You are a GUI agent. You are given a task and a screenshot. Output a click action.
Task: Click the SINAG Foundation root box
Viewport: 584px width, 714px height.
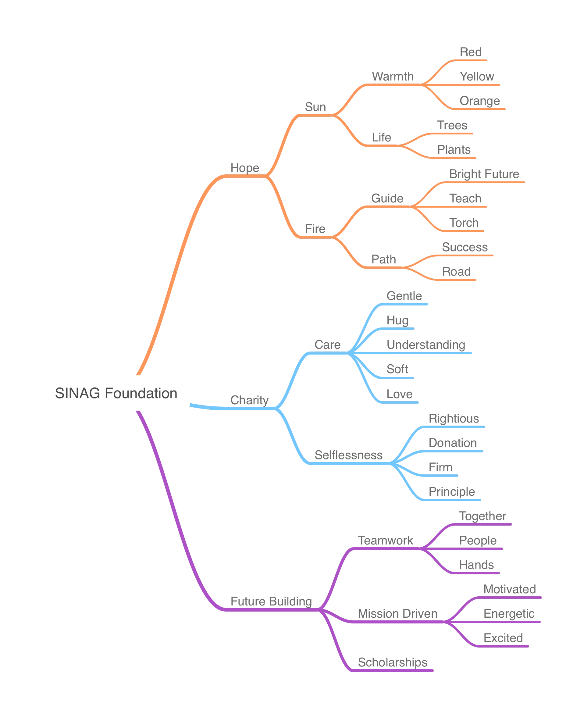click(116, 393)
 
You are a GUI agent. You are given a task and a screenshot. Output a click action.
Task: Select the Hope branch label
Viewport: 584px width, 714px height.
click(244, 167)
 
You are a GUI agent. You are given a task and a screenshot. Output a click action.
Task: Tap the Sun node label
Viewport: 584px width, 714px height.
click(315, 107)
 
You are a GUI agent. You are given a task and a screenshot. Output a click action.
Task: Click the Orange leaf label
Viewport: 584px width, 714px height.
click(479, 101)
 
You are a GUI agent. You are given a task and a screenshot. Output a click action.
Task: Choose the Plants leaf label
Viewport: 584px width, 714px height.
click(453, 149)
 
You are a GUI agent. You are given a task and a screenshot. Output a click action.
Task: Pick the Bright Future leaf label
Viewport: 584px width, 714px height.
click(484, 173)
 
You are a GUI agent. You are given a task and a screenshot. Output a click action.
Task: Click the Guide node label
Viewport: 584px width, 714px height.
click(387, 198)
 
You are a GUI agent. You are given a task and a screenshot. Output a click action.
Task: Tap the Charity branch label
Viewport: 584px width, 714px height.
click(249, 400)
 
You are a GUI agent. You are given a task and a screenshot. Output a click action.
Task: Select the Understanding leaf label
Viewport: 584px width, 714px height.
click(425, 344)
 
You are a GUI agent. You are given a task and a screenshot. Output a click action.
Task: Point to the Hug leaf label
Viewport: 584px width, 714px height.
click(397, 320)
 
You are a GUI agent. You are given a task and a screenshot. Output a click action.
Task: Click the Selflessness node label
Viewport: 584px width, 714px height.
click(348, 455)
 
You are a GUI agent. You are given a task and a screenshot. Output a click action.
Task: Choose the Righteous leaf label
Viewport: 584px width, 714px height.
click(454, 418)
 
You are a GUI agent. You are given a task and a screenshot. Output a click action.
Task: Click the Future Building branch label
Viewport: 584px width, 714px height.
click(270, 601)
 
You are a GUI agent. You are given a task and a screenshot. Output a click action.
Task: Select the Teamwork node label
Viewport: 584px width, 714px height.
click(386, 541)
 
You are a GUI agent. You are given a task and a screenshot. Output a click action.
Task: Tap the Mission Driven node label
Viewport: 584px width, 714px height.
click(398, 613)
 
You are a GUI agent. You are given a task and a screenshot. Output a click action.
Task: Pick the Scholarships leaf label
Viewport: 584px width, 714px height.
click(393, 662)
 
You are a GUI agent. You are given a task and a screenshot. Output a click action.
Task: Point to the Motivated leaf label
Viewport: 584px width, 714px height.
click(509, 589)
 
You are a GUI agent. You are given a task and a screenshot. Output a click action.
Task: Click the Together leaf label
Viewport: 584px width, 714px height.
click(483, 516)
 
